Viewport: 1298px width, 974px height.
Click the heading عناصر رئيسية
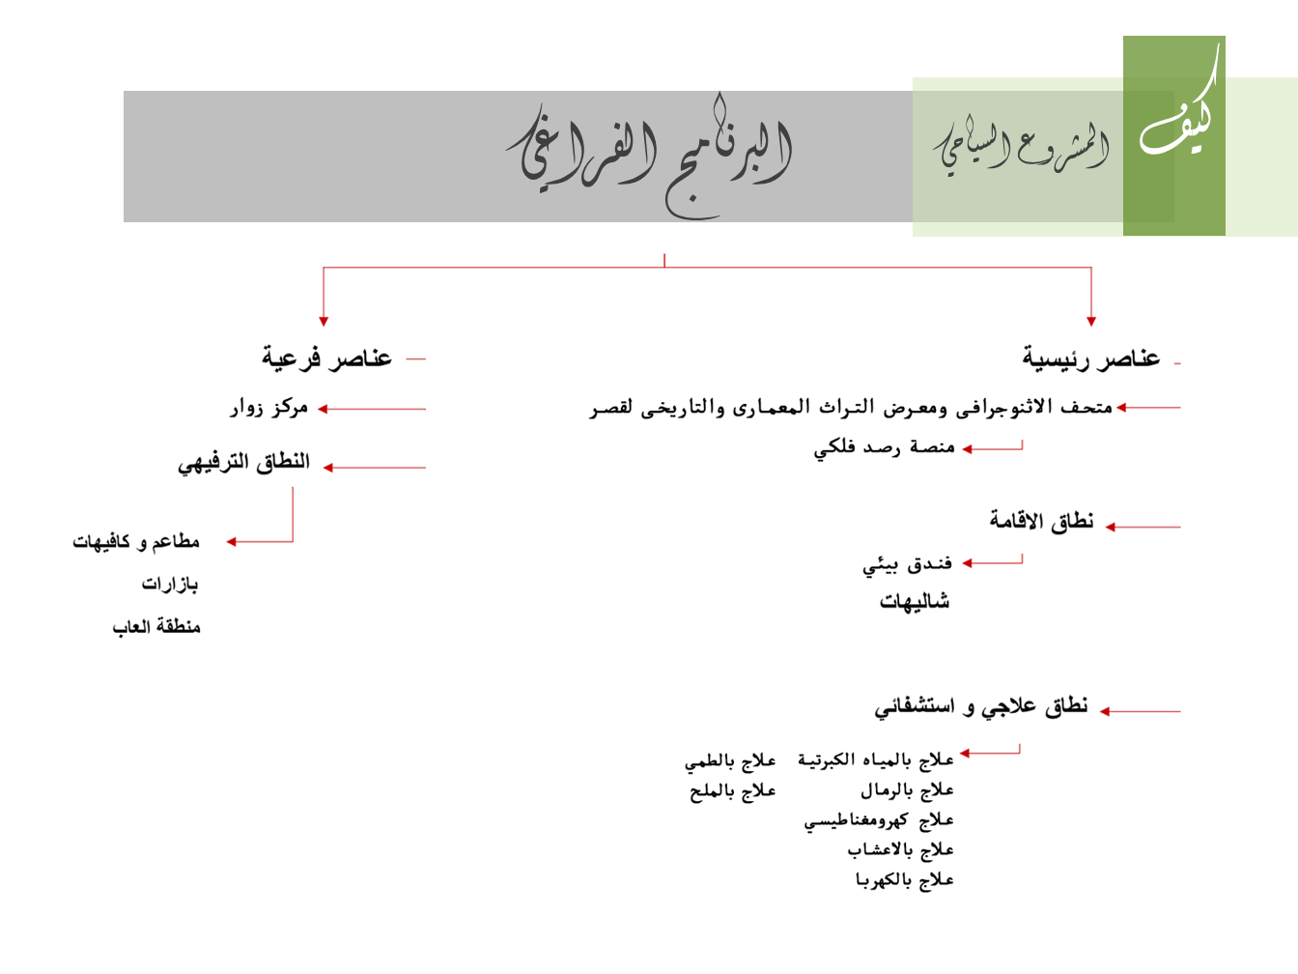point(1091,358)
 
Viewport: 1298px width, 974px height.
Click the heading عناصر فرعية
point(326,358)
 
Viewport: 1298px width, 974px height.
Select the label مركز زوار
point(268,408)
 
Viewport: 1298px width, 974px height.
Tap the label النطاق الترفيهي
point(243,463)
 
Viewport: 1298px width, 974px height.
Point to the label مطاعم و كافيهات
point(136,542)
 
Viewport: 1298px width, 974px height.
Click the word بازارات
point(170,585)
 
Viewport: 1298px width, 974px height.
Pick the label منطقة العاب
point(156,627)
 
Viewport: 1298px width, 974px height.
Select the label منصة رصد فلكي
point(884,447)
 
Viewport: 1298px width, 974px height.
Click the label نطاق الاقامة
point(1041,522)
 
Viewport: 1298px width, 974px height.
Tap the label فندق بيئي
point(908,564)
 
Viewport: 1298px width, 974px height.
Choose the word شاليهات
point(915,602)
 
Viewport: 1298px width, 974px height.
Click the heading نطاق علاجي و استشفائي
point(981,706)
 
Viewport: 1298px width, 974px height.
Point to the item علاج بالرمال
point(907,790)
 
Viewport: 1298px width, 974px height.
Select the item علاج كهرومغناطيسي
point(879,820)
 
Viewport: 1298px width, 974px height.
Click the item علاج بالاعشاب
point(900,850)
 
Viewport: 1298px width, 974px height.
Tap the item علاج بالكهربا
point(904,880)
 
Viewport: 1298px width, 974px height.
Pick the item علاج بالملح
point(732,791)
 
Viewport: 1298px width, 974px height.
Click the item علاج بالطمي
point(730,761)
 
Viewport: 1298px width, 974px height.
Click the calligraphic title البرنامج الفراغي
point(649,155)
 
